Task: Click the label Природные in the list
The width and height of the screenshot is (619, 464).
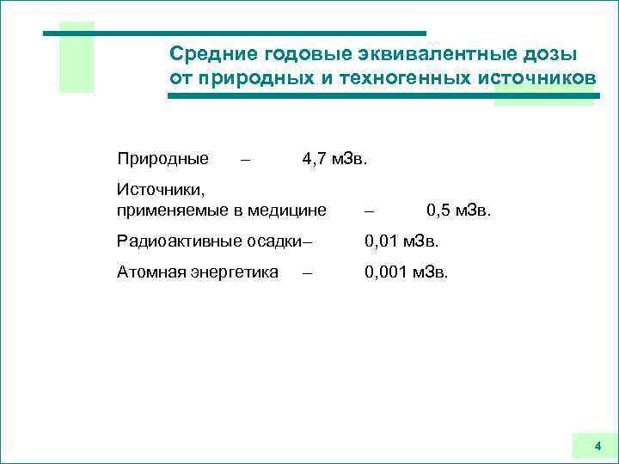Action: [x=162, y=159]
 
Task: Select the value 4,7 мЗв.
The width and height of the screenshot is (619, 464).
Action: [x=334, y=159]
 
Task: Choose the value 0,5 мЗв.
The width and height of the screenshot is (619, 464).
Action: [x=459, y=209]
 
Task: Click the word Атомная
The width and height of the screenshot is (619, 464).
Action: [x=150, y=272]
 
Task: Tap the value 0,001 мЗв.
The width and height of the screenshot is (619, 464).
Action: [x=406, y=272]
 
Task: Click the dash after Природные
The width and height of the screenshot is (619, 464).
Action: [x=247, y=160]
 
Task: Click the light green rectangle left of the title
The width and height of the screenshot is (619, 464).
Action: [x=76, y=57]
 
